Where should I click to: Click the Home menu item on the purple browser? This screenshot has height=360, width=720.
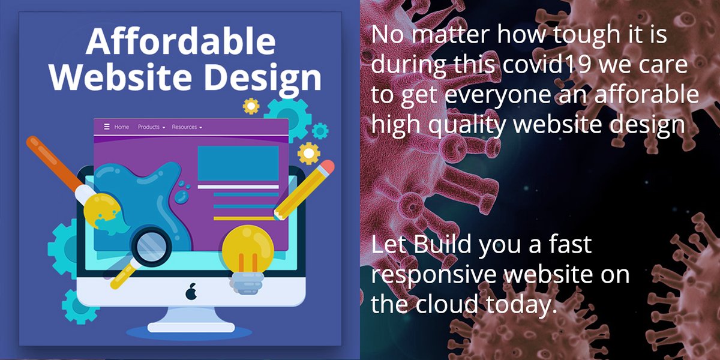pos(122,127)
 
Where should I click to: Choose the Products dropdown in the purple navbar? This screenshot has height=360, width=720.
pos(151,127)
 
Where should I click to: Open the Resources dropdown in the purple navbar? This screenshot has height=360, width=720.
pos(187,127)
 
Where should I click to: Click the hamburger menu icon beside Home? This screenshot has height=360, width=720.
pos(107,127)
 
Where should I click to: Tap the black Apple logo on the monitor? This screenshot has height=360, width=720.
pos(191,292)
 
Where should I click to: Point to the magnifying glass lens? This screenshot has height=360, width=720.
pos(147,245)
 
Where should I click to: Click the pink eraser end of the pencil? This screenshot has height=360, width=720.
pos(327,167)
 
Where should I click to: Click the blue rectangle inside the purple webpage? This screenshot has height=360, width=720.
pos(238,163)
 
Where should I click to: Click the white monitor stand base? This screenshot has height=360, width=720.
pos(191,327)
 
